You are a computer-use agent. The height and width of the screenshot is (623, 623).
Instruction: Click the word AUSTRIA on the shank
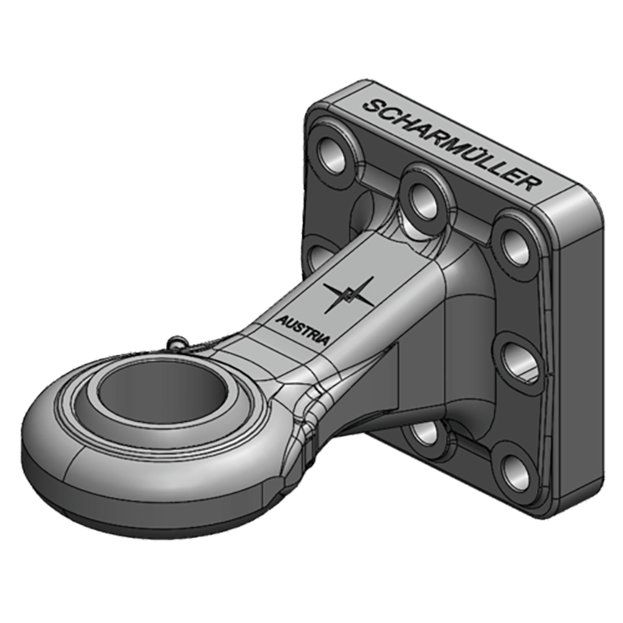coord(304,326)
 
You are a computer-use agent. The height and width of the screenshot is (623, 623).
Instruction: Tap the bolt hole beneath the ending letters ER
coord(514,241)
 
